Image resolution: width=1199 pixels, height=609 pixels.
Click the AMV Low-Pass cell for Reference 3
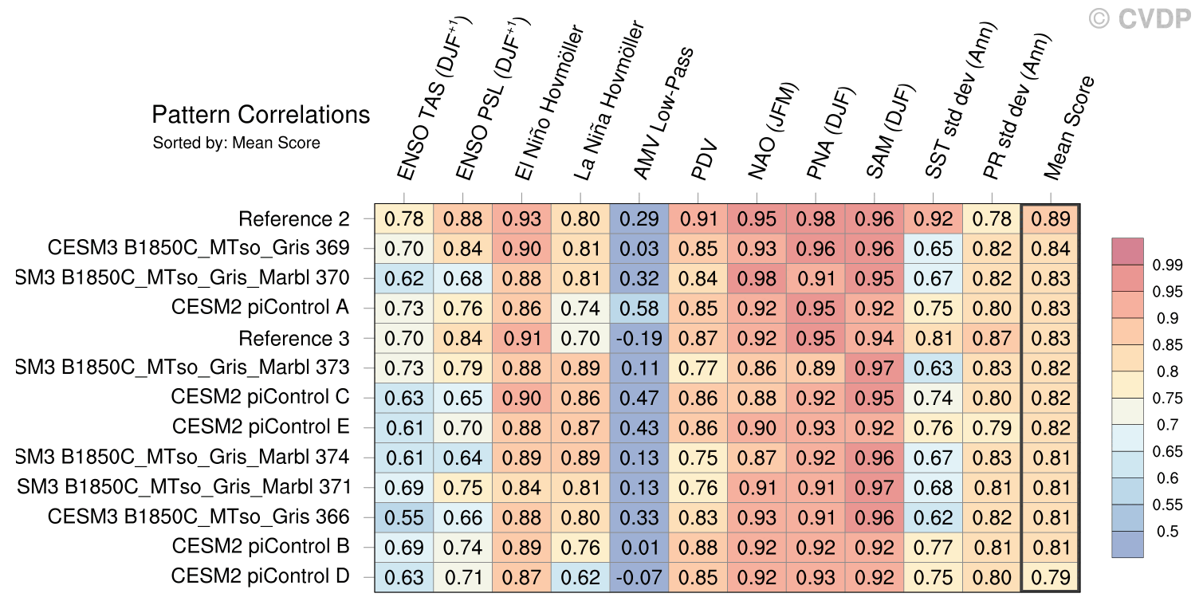[x=639, y=338]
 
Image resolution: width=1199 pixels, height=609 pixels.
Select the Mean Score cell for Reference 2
[x=1051, y=219]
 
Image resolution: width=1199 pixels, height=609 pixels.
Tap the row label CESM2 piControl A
[x=260, y=308]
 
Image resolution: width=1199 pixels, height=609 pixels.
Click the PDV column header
[x=705, y=159]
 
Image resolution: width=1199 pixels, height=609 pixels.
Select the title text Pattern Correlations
[x=261, y=115]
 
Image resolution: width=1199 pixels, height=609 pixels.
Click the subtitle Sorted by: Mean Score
[x=236, y=143]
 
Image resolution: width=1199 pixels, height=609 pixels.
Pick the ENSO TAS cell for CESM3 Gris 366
[x=404, y=517]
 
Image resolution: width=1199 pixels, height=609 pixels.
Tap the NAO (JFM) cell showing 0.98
[x=757, y=278]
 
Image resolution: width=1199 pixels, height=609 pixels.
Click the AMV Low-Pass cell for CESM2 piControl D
[x=639, y=577]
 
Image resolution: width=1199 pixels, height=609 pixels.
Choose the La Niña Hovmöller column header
[x=609, y=100]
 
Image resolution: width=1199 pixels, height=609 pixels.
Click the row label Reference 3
[x=294, y=338]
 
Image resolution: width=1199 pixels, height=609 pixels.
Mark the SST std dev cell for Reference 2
[x=933, y=219]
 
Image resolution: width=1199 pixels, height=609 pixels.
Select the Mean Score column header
[x=1070, y=128]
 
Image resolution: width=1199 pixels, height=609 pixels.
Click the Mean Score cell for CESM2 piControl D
[x=1051, y=577]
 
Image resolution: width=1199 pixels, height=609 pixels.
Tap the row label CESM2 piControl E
[x=261, y=427]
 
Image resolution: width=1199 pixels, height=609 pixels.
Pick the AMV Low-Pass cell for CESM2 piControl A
[x=639, y=308]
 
